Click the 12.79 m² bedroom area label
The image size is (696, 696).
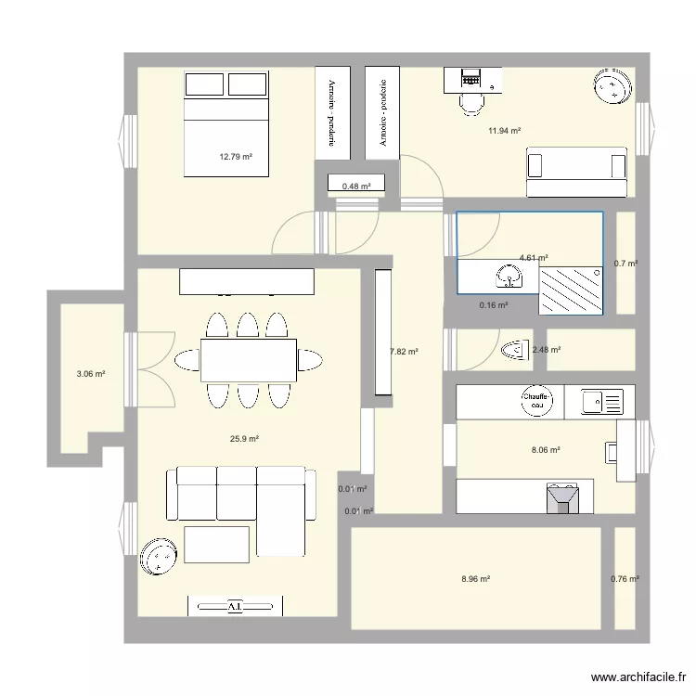[237, 157]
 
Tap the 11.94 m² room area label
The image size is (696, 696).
[504, 131]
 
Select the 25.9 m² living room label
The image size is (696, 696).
[244, 439]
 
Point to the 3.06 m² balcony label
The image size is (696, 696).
[90, 375]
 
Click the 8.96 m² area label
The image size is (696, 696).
[475, 579]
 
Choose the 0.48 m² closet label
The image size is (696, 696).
[356, 187]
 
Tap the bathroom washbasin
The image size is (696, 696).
[508, 275]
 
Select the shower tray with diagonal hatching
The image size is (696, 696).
[570, 290]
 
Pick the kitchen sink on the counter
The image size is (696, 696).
[602, 402]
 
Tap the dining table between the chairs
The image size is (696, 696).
[249, 360]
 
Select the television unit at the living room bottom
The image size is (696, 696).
[235, 606]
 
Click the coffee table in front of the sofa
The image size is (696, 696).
[216, 544]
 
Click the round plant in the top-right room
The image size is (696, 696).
[612, 88]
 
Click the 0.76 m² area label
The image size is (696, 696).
[625, 579]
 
